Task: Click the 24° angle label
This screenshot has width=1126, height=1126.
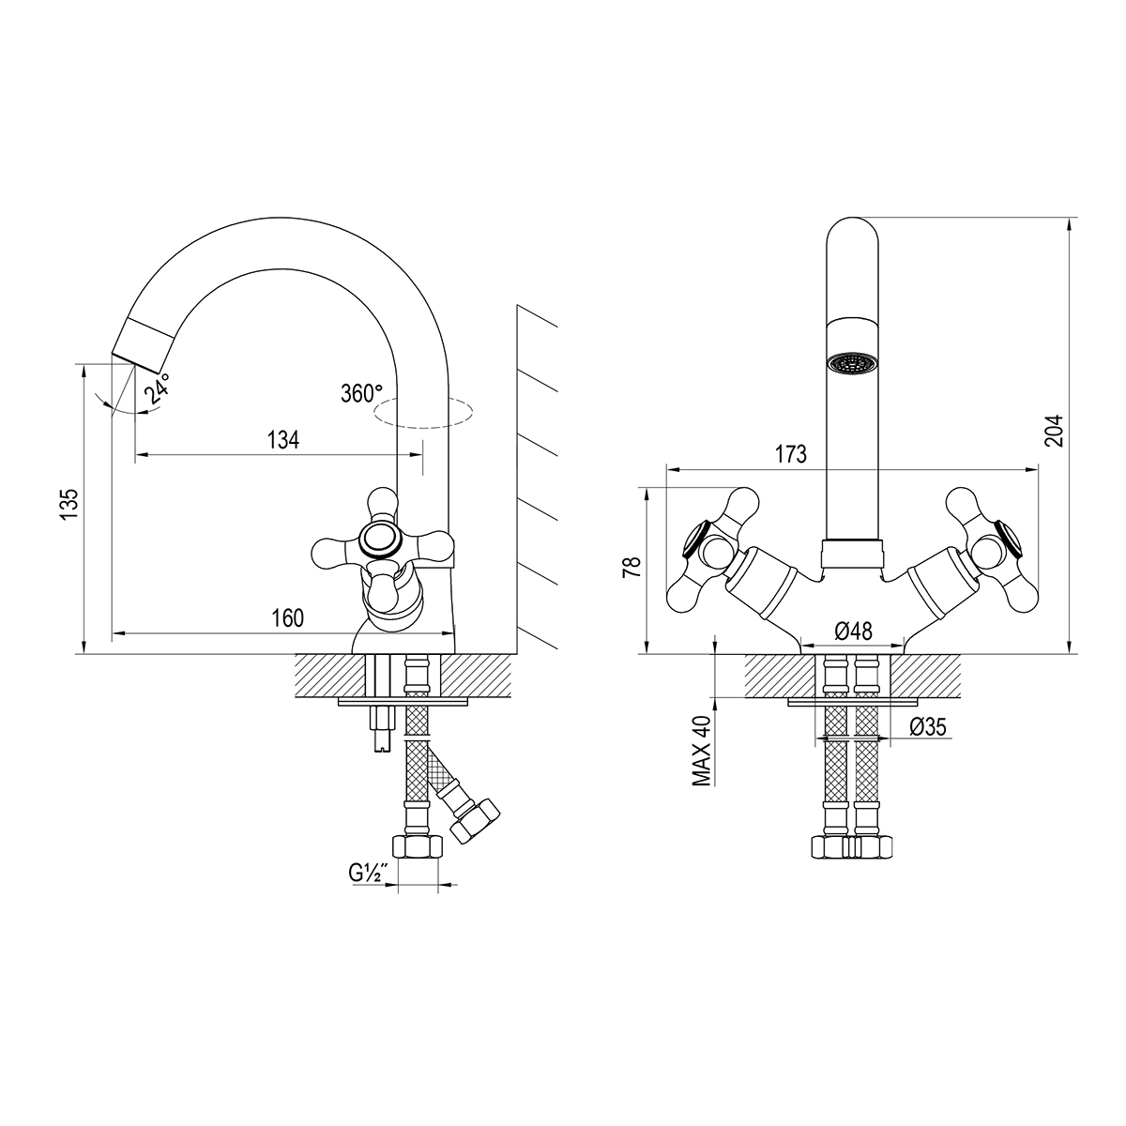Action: tap(158, 388)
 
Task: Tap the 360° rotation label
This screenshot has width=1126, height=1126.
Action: tap(361, 393)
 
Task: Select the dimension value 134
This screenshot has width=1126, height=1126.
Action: tap(283, 440)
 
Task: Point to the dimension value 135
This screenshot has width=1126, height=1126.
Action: tap(68, 504)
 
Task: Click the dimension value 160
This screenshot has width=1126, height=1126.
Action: tap(287, 618)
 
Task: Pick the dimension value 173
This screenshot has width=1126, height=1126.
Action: tap(791, 454)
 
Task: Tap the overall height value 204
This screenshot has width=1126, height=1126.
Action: tap(1054, 431)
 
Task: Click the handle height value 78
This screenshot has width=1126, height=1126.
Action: tap(631, 567)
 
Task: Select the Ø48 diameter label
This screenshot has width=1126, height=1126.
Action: tap(853, 631)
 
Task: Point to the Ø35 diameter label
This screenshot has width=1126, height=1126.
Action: tap(928, 726)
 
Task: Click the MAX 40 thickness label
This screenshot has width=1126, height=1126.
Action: tap(702, 751)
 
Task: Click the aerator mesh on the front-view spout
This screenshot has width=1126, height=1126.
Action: tap(853, 363)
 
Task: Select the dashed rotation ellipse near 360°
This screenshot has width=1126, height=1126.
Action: tap(423, 413)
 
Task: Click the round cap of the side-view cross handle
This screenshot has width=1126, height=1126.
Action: tap(380, 540)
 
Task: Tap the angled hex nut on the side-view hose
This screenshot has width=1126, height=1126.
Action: tap(475, 818)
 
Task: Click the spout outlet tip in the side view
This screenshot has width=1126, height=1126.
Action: tap(135, 363)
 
